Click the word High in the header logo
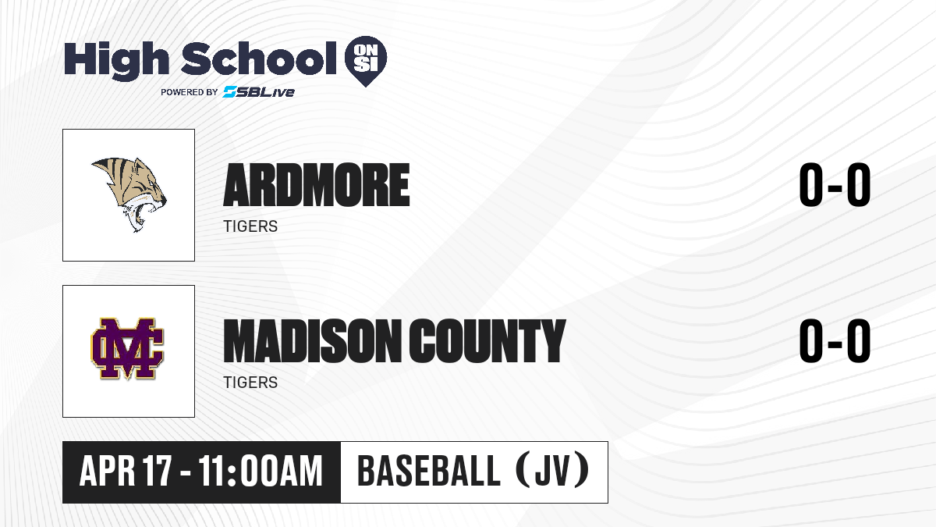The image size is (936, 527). coord(116,61)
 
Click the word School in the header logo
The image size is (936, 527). coord(259,59)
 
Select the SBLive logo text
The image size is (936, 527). coord(259,92)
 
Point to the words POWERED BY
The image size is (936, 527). coord(190,92)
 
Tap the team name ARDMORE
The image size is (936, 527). coord(317,185)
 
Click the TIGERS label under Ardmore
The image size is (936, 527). coord(250,226)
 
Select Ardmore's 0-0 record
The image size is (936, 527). coord(835,185)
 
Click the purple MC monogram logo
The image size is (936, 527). coord(127,349)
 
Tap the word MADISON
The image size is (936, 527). coord(312,341)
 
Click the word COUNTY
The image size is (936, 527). coord(487,341)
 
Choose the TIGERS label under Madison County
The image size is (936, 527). coord(250,383)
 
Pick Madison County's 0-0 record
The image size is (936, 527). coord(835,341)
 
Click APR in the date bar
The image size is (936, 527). coord(108,472)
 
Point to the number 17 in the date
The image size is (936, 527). coord(157,472)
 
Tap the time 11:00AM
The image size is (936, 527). coord(261,472)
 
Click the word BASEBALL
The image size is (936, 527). coord(429,472)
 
